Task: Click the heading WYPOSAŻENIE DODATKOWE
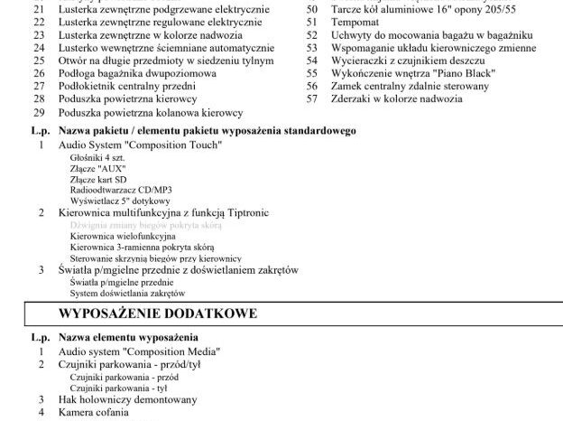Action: point(157,313)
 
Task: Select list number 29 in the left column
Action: point(38,112)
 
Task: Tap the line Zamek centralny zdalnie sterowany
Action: point(412,83)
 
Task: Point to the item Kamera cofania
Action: point(93,412)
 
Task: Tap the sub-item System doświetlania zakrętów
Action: point(127,294)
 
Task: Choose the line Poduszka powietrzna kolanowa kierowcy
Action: point(151,112)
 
